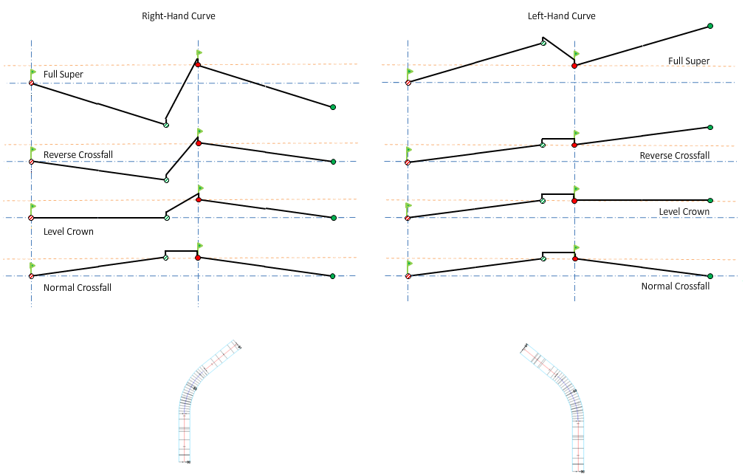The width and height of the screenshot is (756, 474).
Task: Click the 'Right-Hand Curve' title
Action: pos(179,16)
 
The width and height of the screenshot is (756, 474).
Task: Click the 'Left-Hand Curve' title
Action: pos(561,16)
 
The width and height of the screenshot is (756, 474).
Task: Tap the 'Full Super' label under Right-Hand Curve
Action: pos(63,75)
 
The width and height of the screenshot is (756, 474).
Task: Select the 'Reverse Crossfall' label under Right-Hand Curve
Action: pos(78,154)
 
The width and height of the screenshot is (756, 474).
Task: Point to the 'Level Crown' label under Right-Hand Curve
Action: pos(69,232)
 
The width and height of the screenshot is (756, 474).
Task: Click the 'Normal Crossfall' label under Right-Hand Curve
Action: pos(78,288)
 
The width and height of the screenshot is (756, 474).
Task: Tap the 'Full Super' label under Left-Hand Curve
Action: pos(689,61)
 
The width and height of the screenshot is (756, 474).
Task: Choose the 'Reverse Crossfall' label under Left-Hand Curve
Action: pos(675,156)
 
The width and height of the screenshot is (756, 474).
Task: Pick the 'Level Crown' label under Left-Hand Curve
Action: pos(684,212)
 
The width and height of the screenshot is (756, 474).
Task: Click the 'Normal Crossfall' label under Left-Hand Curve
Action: pos(676,286)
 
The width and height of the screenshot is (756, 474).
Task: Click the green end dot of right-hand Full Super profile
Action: pos(333,108)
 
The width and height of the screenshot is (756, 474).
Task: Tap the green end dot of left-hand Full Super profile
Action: pos(710,26)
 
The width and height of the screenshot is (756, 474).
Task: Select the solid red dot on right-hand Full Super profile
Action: pos(198,65)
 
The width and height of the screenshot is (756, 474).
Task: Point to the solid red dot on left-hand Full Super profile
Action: pos(574,66)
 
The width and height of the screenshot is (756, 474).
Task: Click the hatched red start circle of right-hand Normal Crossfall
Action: pos(31,276)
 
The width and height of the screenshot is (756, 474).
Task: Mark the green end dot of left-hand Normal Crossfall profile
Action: pos(710,276)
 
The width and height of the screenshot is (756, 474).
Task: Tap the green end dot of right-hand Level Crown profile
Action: pos(334,218)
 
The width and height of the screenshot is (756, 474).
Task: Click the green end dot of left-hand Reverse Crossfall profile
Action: pos(710,128)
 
